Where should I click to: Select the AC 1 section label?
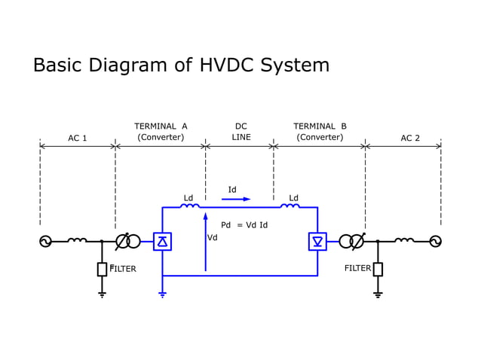pos(78,138)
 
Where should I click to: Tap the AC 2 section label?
pos(410,138)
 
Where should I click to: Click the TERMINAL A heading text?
pos(161,127)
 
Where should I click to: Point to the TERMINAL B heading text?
pos(320,127)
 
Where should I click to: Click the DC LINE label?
pos(241,132)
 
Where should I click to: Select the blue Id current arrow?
pos(236,199)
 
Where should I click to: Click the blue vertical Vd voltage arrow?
pos(205,241)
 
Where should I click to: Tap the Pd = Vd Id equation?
pos(244,225)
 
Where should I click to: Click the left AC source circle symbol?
pos(45,242)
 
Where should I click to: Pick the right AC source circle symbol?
pos(435,242)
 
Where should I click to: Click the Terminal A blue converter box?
pos(162,242)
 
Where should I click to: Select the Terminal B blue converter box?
pos(317,242)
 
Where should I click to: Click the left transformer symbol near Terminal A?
pos(127,242)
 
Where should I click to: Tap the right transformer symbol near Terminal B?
pos(351,242)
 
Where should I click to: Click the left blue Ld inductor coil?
pos(190,206)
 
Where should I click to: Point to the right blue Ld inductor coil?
pos(290,206)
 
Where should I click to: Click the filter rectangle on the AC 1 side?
pos(102,269)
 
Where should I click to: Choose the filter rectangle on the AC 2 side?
pos(378,269)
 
